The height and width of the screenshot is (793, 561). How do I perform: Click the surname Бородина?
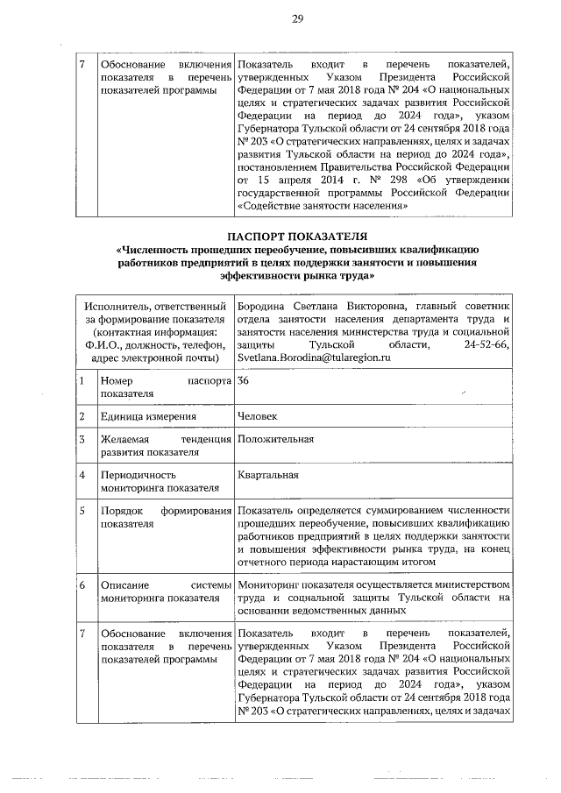[266, 306]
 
